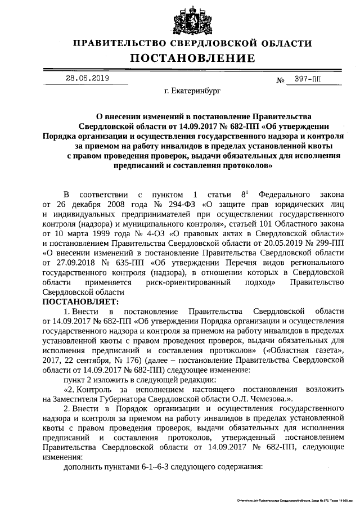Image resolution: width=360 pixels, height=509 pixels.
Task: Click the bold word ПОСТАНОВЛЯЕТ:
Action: click(77, 301)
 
